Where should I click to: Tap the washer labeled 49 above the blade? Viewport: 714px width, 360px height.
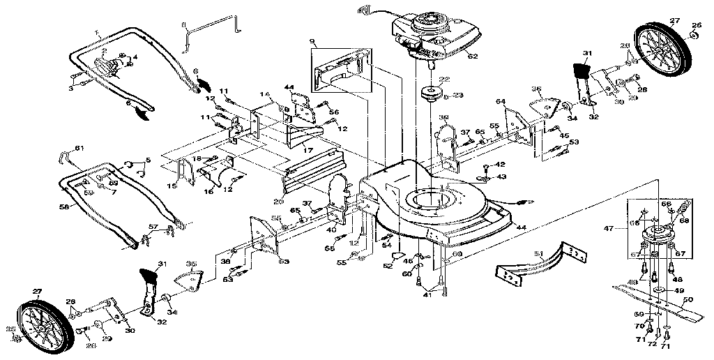click(658, 288)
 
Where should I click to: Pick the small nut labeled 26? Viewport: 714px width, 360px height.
click(695, 27)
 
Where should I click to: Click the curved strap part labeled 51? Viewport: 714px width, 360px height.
click(544, 260)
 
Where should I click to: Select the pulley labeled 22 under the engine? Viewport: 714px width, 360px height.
click(430, 91)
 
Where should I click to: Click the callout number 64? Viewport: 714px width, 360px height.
click(500, 103)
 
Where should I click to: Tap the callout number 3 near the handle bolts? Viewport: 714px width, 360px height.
click(71, 89)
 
